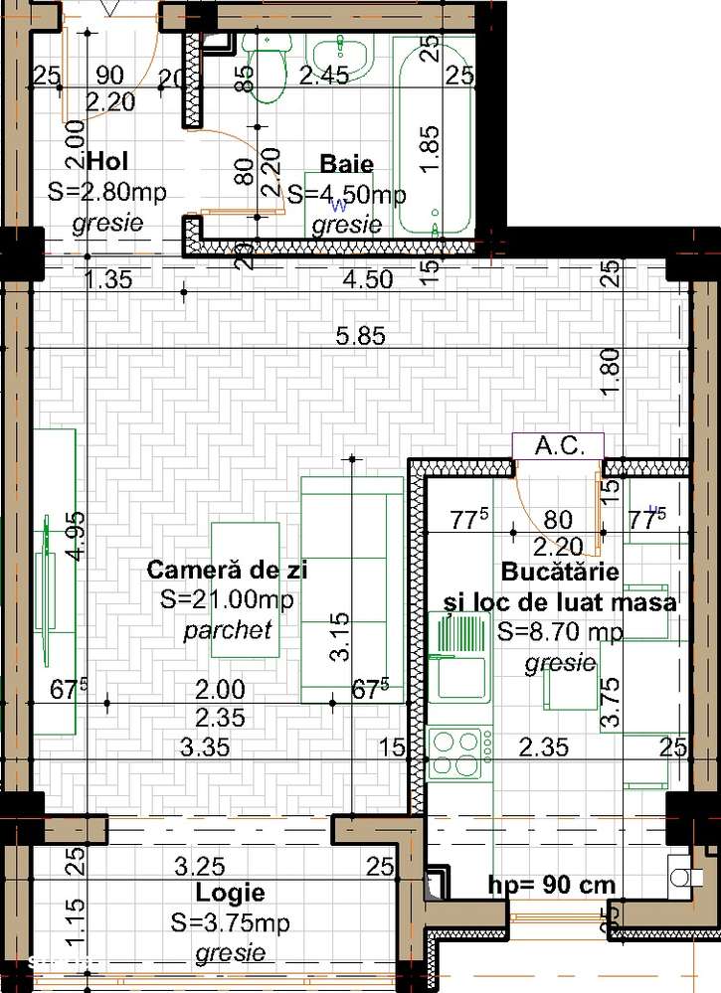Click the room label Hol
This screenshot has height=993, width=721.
click(109, 161)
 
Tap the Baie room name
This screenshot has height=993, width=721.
click(346, 165)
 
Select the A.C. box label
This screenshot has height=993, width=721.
click(557, 446)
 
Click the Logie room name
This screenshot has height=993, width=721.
click(230, 893)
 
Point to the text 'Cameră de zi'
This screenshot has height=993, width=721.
click(227, 571)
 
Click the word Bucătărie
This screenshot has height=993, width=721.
click(560, 573)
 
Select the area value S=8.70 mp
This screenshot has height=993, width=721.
click(560, 631)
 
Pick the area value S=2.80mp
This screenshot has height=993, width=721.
click(107, 193)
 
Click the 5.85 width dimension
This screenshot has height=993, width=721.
click(360, 336)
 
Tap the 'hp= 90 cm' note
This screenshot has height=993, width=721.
click(552, 885)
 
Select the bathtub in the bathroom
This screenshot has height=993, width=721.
click(435, 137)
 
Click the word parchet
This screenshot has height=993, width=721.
click(228, 630)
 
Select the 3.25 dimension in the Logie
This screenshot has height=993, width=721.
click(200, 866)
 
